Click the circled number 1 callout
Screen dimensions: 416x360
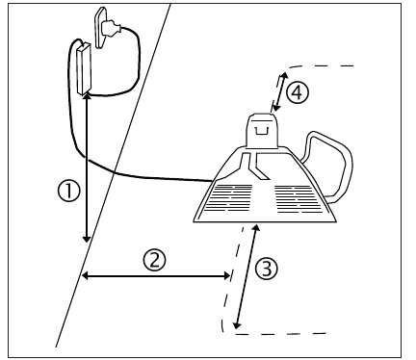coord(68,191)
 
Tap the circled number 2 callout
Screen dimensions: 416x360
coord(155,260)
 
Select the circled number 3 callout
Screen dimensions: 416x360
coord(267,269)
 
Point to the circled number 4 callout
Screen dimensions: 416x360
coord(298,92)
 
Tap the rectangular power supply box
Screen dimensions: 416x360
coord(84,68)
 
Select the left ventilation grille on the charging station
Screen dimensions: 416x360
coord(228,197)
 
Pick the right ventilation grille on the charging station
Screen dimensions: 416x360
coord(299,199)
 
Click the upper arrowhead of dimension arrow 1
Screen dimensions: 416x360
coord(87,96)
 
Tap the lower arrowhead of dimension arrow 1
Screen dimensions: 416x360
coord(87,239)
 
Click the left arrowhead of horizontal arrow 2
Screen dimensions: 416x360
coord(85,275)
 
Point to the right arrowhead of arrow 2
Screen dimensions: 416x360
coord(227,275)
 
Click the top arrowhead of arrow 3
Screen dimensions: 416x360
coord(256,227)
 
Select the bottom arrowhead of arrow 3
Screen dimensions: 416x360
coord(237,325)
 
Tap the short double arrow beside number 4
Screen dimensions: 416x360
coord(279,91)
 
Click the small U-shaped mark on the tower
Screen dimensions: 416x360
coord(261,130)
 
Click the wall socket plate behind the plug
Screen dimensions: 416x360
coord(100,28)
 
